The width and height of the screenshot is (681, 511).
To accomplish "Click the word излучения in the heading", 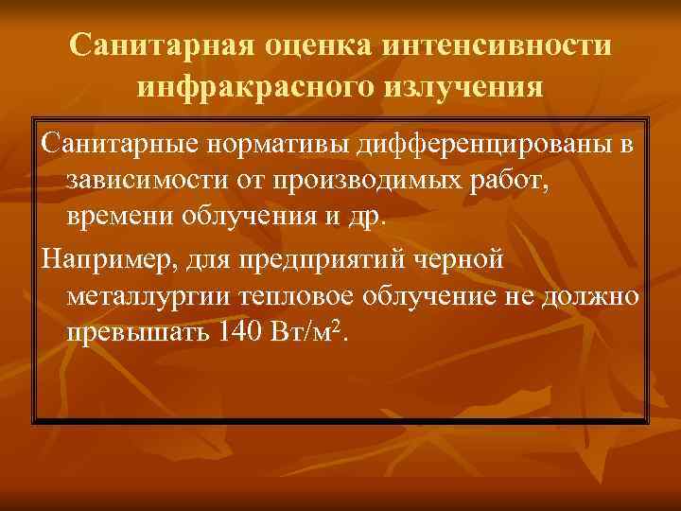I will coord(463,88).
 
